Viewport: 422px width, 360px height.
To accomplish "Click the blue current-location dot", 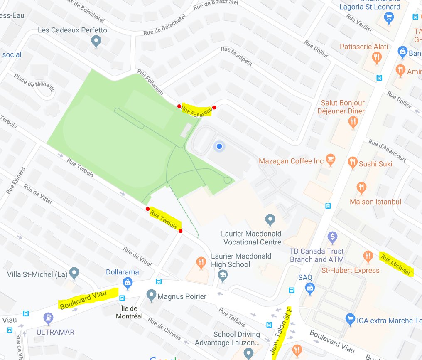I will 219,146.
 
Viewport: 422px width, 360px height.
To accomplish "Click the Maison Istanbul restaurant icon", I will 361,187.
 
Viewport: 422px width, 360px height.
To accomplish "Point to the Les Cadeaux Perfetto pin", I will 96,42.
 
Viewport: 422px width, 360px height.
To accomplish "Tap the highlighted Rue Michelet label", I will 396,265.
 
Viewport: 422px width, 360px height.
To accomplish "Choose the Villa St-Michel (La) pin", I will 74,273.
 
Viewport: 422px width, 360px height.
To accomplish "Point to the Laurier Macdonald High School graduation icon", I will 223,276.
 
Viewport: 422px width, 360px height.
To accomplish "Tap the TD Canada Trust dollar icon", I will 332,237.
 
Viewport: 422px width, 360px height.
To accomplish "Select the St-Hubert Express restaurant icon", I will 368,256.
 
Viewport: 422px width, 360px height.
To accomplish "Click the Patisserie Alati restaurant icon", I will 377,58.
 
